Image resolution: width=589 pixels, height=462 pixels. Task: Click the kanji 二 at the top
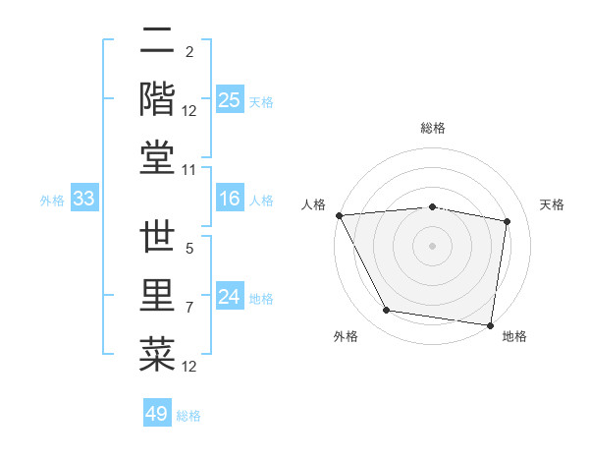coord(157,42)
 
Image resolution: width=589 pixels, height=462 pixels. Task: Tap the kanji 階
coord(157,98)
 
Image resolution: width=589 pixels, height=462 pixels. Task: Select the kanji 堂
coord(157,156)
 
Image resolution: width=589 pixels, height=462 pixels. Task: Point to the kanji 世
coord(157,239)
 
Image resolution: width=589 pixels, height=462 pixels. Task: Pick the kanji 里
coord(157,296)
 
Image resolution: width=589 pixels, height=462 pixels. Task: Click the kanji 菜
coord(157,353)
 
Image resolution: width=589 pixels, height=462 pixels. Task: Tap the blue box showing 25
coord(230,99)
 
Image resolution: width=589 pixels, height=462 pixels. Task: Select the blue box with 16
coord(230,200)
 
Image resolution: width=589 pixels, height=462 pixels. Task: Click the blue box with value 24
coord(230,297)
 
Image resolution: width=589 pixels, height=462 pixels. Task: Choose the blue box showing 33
coord(83,200)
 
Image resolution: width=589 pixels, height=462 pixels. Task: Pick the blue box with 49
coord(157,414)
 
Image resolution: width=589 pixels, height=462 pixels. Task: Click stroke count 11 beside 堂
coord(190,170)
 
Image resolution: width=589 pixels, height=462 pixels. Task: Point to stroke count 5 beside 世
coord(189,250)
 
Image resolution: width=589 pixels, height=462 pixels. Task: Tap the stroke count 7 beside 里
coord(189,308)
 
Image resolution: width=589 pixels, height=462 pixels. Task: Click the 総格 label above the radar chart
coord(433,128)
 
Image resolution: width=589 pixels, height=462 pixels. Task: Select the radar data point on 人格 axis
coord(340,214)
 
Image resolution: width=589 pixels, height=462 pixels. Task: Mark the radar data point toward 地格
coord(491,323)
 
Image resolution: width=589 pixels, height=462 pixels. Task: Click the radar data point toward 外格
coord(386,311)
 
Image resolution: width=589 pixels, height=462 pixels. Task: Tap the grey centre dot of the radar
coord(432,245)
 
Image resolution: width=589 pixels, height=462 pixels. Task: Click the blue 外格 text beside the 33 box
coord(52,201)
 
